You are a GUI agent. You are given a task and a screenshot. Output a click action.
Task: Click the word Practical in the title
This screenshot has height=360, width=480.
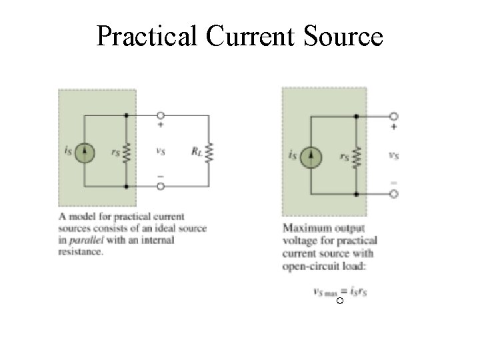(x=147, y=36)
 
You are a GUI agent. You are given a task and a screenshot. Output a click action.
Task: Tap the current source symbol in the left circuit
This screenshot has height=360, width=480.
(x=85, y=152)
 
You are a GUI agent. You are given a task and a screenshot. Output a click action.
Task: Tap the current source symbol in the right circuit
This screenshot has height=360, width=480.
(x=311, y=157)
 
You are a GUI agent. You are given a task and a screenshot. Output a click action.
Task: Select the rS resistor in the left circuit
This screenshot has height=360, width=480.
(x=126, y=152)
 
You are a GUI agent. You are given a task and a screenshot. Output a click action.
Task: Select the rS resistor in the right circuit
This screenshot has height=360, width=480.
(x=357, y=157)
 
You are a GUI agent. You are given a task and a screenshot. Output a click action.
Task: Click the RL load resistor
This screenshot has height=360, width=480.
(x=209, y=152)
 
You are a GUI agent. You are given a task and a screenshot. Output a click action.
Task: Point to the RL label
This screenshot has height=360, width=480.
(x=196, y=152)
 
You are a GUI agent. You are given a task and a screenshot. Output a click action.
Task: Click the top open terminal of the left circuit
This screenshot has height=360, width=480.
(x=160, y=116)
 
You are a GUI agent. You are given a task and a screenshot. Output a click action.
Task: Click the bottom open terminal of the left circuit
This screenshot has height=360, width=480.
(x=160, y=185)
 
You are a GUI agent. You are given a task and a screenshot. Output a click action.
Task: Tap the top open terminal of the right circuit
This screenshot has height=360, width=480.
(x=394, y=116)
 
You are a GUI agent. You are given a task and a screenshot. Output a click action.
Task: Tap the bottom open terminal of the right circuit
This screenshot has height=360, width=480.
(x=394, y=195)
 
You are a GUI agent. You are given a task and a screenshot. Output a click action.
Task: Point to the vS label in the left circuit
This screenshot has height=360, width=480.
(x=160, y=151)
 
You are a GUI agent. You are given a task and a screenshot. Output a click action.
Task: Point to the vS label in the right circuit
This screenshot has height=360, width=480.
(x=394, y=156)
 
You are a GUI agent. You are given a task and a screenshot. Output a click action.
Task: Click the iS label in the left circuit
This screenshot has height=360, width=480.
(x=69, y=152)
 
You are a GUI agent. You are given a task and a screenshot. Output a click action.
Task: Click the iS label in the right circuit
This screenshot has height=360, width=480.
(x=293, y=157)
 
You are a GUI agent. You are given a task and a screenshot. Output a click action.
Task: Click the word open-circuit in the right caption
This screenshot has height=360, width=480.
(x=307, y=265)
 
